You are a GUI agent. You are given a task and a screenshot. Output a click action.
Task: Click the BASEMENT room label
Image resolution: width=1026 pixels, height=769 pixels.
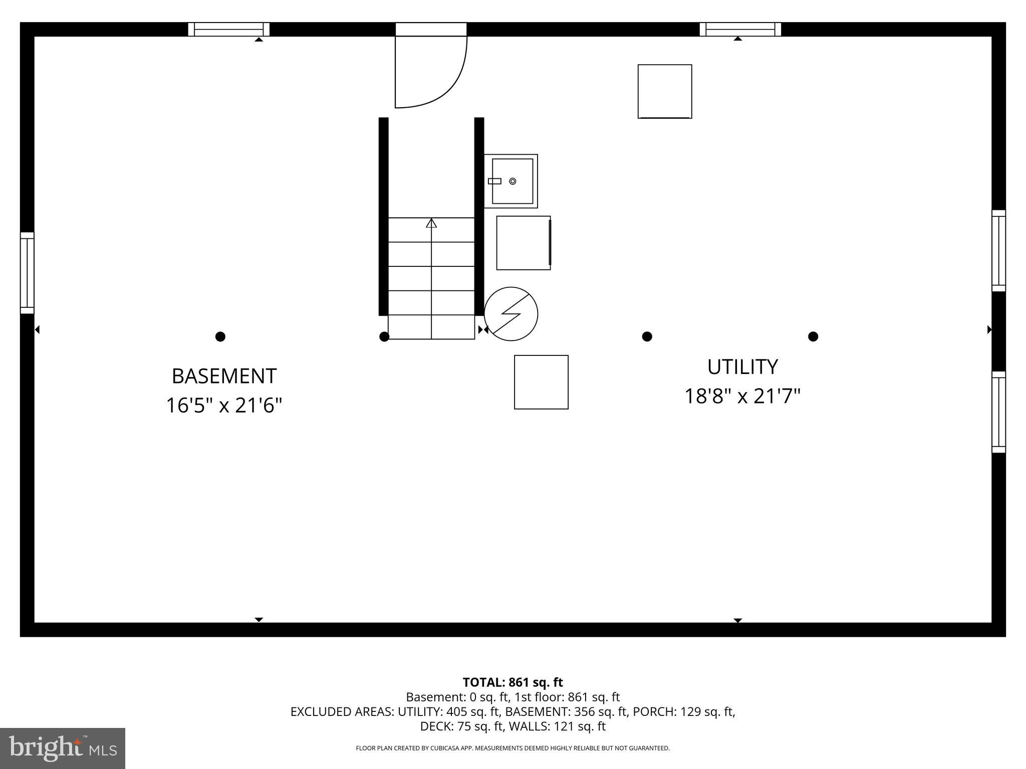tap(224, 376)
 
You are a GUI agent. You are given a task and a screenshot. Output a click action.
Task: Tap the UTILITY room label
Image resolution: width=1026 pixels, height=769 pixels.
tap(742, 367)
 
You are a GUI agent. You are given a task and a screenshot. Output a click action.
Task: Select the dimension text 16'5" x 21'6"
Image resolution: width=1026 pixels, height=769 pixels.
tap(224, 406)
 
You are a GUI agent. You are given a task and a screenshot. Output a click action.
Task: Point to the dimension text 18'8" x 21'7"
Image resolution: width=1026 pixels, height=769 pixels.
tap(742, 397)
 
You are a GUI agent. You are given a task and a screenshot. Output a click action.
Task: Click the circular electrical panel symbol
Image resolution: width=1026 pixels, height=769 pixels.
tap(510, 314)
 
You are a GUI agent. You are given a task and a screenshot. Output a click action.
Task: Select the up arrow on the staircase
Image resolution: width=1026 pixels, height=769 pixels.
tap(431, 223)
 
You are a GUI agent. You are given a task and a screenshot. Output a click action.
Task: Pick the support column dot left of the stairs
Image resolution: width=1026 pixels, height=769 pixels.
tap(384, 336)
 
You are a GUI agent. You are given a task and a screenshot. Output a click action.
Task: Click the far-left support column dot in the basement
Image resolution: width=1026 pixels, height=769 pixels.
tap(220, 336)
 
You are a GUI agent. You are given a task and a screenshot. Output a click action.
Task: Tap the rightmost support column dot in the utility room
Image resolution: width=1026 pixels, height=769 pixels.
tap(813, 336)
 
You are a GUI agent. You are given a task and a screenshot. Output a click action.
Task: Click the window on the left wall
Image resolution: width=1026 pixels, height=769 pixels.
tap(27, 273)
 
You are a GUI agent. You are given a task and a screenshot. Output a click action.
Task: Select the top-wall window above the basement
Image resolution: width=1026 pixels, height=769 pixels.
tap(229, 30)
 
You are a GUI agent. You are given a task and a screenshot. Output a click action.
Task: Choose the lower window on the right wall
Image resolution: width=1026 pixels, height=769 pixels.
tap(998, 412)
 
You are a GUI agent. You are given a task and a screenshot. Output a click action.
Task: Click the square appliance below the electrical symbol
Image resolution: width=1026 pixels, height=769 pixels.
tap(541, 382)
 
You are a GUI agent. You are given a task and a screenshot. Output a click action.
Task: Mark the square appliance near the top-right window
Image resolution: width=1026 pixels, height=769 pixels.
tap(665, 91)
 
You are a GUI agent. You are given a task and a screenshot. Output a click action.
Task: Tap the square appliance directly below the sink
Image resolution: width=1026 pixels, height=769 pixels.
tap(524, 243)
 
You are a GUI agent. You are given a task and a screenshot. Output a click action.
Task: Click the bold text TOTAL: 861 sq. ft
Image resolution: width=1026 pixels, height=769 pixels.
tap(512, 682)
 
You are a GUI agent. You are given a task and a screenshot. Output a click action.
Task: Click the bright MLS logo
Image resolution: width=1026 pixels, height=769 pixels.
tap(63, 748)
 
